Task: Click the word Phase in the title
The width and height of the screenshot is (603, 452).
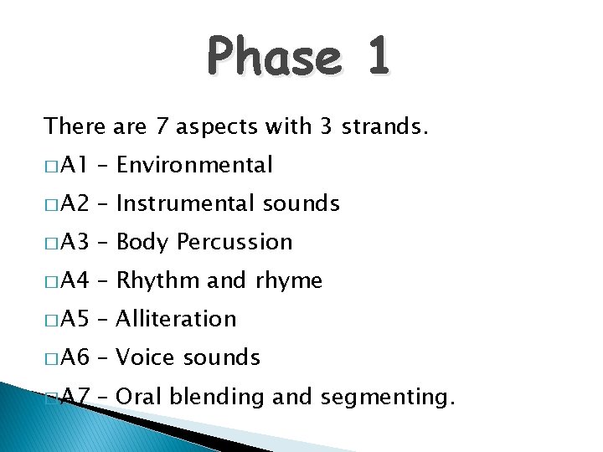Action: click(273, 59)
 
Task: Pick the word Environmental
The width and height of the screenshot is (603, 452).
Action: click(194, 165)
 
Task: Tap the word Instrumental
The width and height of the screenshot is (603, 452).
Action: click(186, 203)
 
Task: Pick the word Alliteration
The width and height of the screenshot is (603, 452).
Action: click(177, 319)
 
